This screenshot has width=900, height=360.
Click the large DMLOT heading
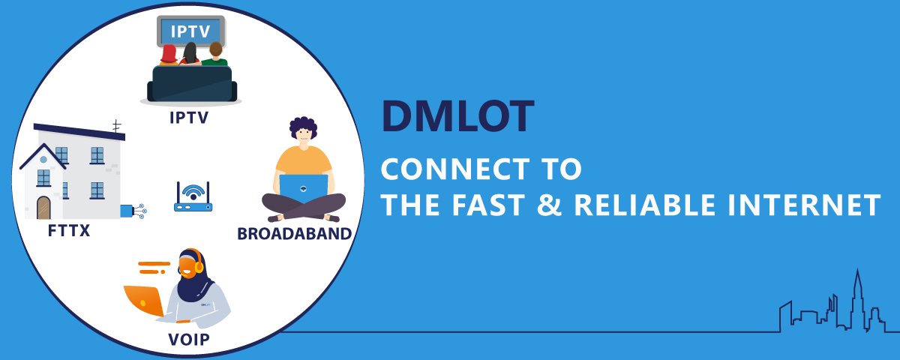point(457,116)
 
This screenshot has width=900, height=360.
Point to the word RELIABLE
point(645,205)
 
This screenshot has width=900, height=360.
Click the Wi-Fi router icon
point(193,196)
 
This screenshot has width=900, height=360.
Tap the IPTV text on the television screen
point(190,31)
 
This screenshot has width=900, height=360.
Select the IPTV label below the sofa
point(189,118)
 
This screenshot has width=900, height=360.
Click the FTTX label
point(69,231)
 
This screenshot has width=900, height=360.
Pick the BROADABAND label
point(295,234)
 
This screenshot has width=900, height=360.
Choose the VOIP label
point(189,340)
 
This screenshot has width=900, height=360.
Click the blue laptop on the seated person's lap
point(304,188)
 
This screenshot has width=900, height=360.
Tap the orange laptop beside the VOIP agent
point(144,301)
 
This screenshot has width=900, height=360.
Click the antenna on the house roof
point(116,126)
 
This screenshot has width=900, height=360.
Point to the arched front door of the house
point(43,208)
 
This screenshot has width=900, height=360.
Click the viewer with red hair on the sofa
point(169,55)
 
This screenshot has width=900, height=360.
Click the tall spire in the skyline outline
point(857,297)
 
